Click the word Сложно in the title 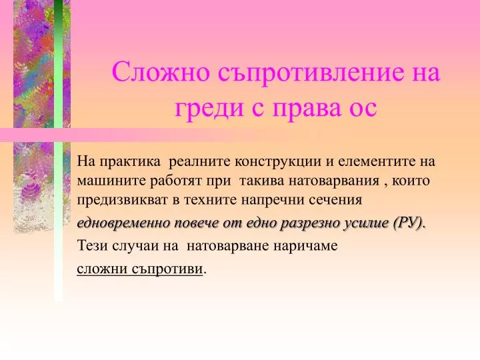pos(161,71)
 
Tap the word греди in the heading pos(209,109)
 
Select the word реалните pos(199,161)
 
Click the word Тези pos(92,245)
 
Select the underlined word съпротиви pos(167,269)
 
